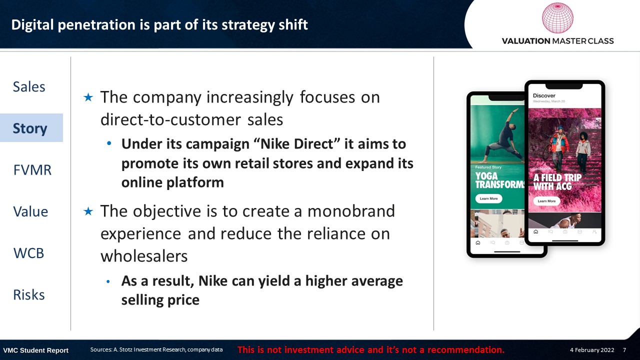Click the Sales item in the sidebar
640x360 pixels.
[29, 86]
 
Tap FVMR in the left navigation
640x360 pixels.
[32, 170]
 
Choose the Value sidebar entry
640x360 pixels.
[30, 211]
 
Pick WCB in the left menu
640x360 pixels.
[29, 253]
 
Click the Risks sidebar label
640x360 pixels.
[29, 294]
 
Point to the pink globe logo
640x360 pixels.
[557, 17]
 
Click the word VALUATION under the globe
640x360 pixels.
[526, 41]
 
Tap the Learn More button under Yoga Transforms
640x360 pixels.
[488, 198]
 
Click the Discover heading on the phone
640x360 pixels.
[544, 95]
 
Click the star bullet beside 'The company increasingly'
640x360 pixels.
[88, 97]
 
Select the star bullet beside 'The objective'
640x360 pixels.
[88, 211]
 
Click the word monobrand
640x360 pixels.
[351, 211]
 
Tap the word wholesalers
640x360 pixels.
[144, 256]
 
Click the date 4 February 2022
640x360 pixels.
[592, 350]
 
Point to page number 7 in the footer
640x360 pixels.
[624, 350]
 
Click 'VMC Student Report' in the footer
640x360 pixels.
[35, 350]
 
